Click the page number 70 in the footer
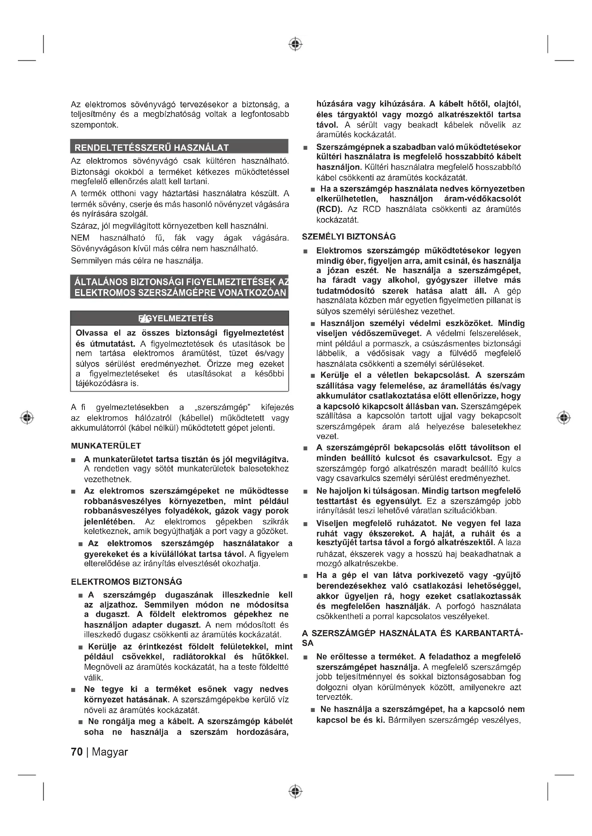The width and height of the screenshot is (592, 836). click(x=77, y=752)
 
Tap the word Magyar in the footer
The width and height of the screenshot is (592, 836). click(x=110, y=752)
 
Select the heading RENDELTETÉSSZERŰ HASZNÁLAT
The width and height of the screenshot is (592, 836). click(x=152, y=148)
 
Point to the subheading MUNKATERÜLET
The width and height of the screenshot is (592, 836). click(x=106, y=446)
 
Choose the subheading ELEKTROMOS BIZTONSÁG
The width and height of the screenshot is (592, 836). click(x=126, y=582)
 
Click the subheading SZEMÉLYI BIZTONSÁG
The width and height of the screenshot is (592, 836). click(x=349, y=237)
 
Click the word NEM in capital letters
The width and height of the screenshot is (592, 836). click(x=80, y=238)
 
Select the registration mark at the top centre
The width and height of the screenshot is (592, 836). click(x=296, y=44)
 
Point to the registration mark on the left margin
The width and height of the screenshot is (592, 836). click(x=27, y=417)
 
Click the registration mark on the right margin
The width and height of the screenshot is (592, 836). click(x=564, y=417)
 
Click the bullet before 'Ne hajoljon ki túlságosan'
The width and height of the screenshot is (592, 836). click(x=305, y=492)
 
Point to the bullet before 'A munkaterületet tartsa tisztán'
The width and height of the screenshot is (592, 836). click(x=73, y=461)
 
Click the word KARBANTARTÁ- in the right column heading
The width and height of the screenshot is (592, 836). click(x=489, y=634)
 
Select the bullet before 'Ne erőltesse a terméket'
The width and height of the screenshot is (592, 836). click(x=305, y=657)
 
